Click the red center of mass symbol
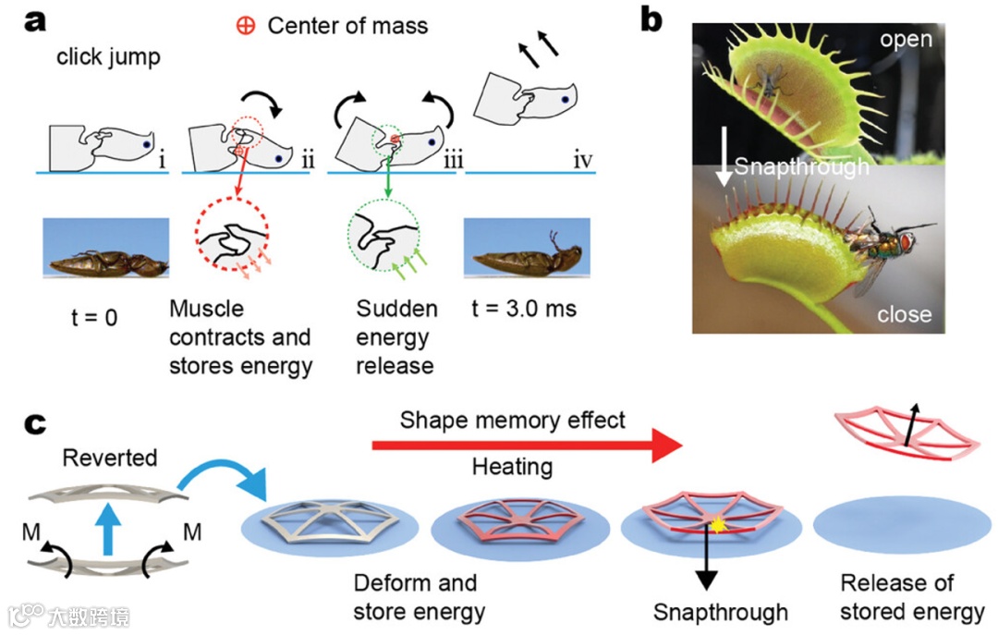pyautogui.click(x=246, y=26)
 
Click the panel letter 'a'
pyautogui.click(x=35, y=20)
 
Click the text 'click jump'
pyautogui.click(x=108, y=57)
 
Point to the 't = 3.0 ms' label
pyautogui.click(x=519, y=309)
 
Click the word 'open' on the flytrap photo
pyautogui.click(x=906, y=40)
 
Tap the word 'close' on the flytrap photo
pyautogui.click(x=904, y=314)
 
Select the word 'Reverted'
pyautogui.click(x=110, y=458)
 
